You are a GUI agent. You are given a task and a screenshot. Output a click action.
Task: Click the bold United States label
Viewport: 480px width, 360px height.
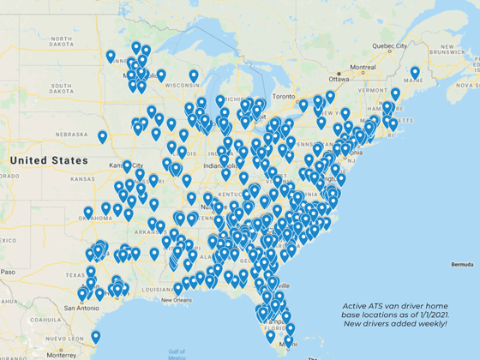point(49,160)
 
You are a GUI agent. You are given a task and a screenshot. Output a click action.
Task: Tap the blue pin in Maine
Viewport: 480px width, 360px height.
point(415,73)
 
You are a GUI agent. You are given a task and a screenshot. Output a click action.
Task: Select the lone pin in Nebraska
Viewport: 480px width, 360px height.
point(102,136)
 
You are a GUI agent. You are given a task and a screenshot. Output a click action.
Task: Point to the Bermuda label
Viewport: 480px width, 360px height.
point(459,264)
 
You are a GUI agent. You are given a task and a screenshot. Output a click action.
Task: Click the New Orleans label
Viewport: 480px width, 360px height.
point(192,300)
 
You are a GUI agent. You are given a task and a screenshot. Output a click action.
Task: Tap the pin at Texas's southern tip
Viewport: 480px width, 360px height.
point(95,337)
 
